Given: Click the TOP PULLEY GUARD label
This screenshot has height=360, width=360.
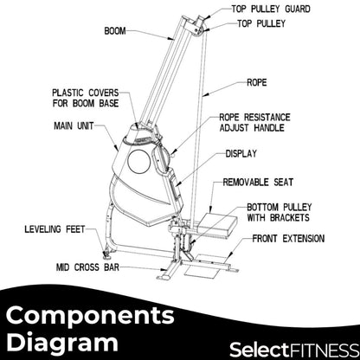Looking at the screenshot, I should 279,10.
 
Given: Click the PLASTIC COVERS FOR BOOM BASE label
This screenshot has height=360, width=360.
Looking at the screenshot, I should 89,96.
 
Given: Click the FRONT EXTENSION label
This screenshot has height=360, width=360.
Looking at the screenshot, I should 289,238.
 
